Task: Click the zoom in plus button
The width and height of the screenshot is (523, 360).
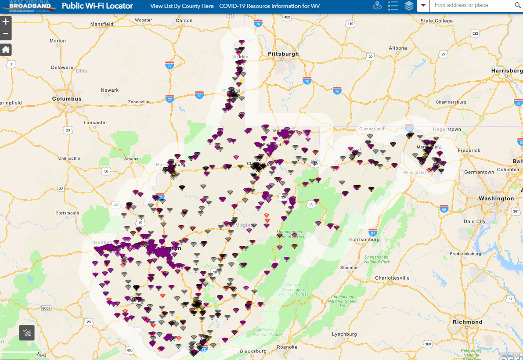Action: pos(6,22)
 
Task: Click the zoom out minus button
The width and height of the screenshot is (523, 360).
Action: pos(6,33)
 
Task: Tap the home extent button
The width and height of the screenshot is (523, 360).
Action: pos(6,50)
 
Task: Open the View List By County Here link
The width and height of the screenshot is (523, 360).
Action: pos(182,6)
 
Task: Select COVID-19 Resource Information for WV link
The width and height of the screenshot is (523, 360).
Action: pos(269,6)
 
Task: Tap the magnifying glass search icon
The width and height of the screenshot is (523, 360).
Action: pos(517,6)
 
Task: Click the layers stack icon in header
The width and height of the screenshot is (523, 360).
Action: pos(409,6)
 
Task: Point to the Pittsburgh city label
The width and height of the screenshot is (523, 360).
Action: pos(283,54)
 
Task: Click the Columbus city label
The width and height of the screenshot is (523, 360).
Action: pos(67,99)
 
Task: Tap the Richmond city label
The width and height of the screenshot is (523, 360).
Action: pos(467,322)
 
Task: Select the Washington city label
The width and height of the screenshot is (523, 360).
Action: pos(496,199)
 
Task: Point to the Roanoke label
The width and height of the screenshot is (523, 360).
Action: pos(287,347)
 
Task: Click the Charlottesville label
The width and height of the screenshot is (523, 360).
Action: pos(392,278)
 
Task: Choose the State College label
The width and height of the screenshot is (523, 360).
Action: pos(436,21)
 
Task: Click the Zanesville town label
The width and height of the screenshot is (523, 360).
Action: pos(138,102)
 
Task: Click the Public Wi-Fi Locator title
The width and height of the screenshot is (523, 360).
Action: pos(97,6)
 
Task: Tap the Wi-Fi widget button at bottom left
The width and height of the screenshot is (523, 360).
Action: pos(27,333)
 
